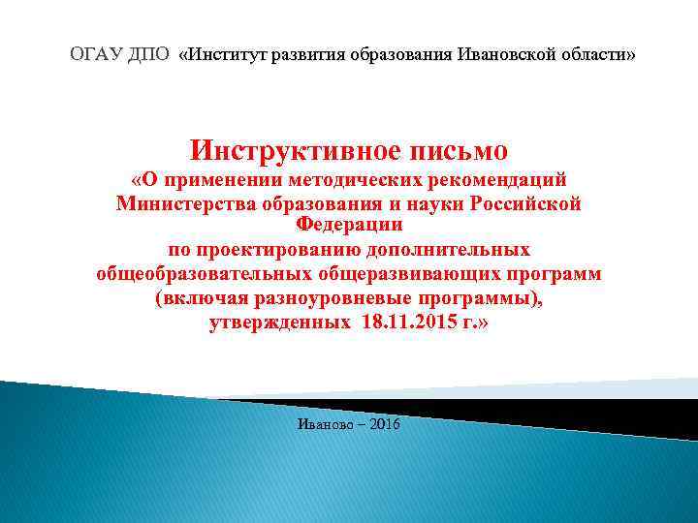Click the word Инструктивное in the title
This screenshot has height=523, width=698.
(x=292, y=151)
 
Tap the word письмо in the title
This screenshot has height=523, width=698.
(x=455, y=151)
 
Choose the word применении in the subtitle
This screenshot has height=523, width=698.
(x=219, y=181)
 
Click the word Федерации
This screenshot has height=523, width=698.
(x=349, y=225)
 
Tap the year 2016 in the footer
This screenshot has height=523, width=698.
(x=383, y=426)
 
